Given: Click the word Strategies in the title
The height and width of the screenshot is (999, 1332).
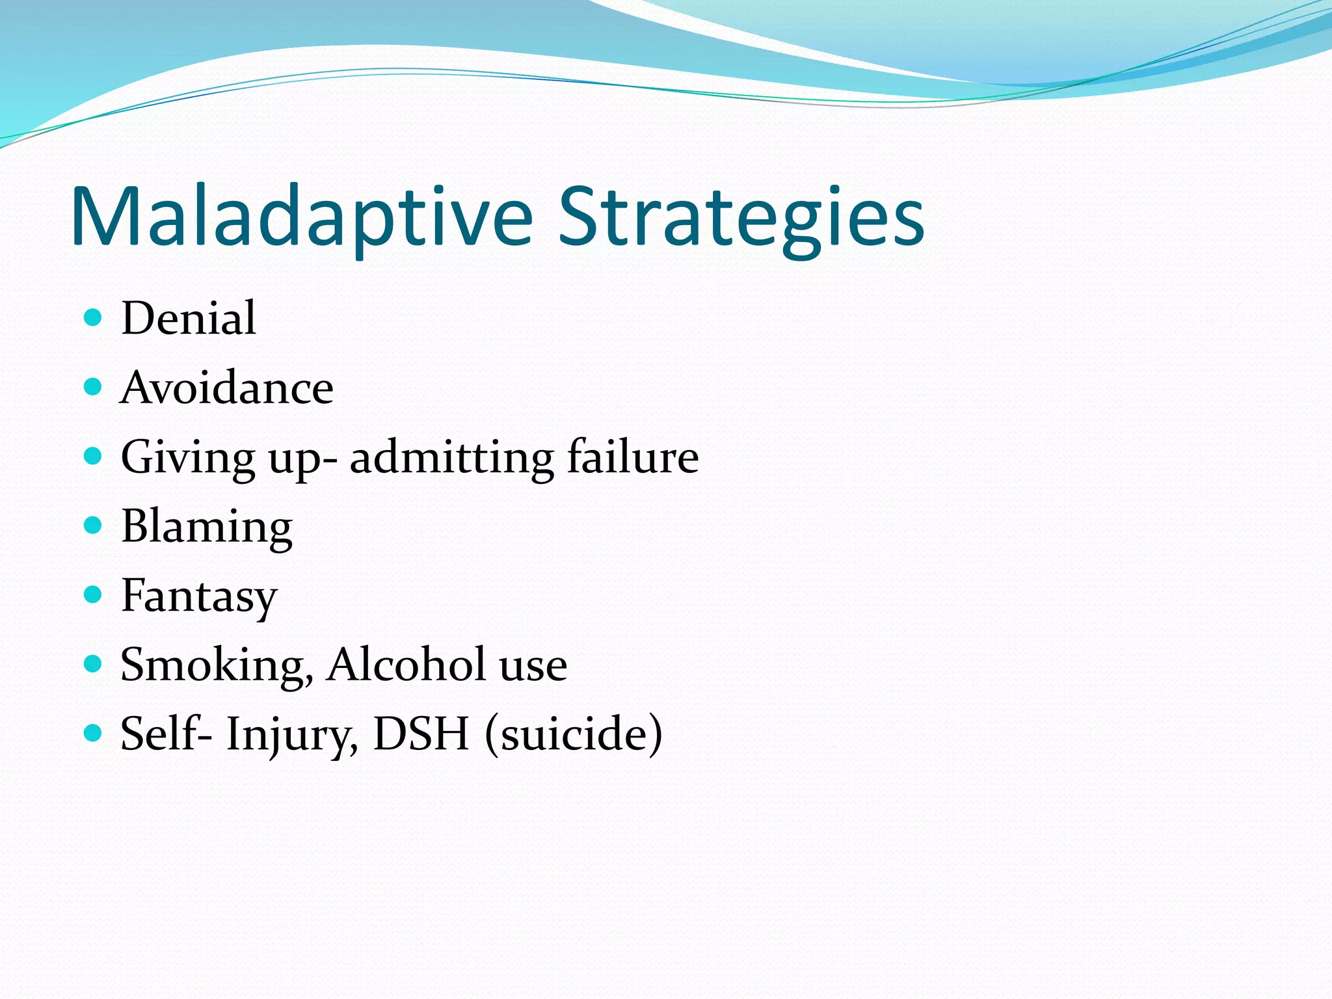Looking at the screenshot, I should (741, 217).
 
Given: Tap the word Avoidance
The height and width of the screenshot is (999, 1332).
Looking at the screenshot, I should (227, 388).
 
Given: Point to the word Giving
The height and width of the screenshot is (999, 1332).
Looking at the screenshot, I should (188, 458).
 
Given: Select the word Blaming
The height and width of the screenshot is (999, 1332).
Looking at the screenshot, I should (207, 527).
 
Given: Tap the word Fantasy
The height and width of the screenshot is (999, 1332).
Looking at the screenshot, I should (199, 596).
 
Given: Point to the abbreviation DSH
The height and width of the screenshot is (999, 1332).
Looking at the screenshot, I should (421, 734).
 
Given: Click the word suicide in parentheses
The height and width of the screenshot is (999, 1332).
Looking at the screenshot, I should (574, 734).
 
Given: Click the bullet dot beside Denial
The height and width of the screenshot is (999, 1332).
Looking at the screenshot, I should (94, 317).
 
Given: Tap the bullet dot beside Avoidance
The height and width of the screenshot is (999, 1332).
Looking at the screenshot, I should (94, 387).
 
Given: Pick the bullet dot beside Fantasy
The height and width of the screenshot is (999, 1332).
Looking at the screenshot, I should (94, 594).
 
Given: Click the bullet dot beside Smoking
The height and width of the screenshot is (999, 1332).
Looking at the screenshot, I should (94, 664).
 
